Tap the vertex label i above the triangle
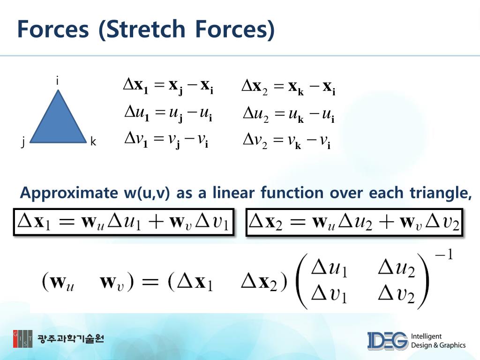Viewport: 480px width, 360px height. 57,82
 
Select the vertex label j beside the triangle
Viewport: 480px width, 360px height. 22,142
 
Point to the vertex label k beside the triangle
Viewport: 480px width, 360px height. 93,142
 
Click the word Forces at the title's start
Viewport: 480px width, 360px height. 52,29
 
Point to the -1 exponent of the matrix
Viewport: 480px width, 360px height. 443,256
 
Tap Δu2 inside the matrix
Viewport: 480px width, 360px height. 397,269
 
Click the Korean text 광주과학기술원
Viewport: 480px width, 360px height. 71,338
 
